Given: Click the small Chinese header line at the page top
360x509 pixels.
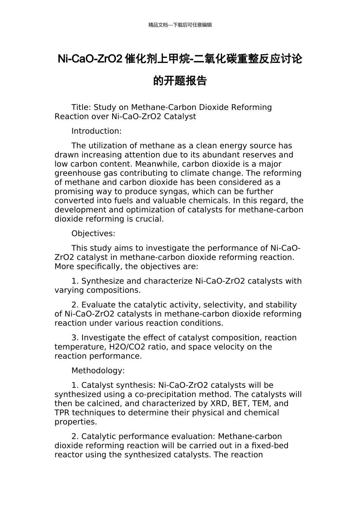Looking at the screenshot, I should tap(180, 25).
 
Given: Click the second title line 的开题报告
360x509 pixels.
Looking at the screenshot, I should tap(180, 81).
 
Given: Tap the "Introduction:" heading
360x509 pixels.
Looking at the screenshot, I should tap(97, 131).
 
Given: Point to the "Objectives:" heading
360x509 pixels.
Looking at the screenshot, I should tap(93, 234).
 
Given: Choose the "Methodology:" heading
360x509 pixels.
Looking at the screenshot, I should tap(98, 371).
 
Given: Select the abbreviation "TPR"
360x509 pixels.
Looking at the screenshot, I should tap(62, 413).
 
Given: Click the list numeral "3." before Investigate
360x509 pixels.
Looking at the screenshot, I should tap(75, 338).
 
